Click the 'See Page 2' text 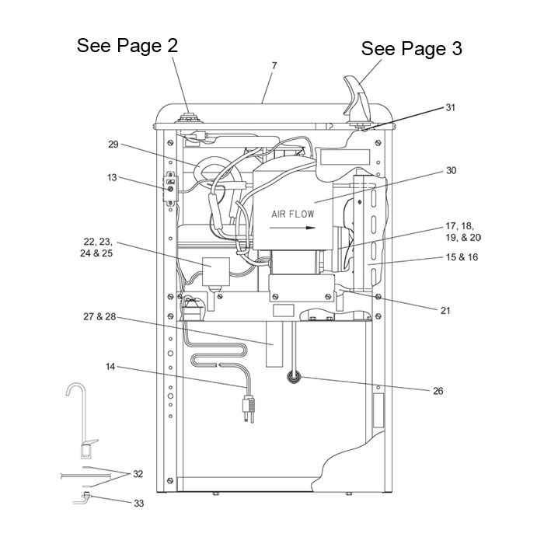(127, 46)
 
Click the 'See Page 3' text (411, 48)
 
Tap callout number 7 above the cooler (274, 65)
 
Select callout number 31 (450, 107)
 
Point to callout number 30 (451, 171)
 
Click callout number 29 (113, 145)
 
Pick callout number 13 (112, 178)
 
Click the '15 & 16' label (462, 257)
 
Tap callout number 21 (445, 311)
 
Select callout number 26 (438, 391)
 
